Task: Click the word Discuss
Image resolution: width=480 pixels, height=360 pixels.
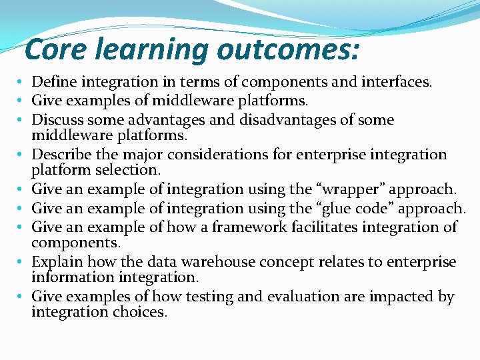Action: coord(57,120)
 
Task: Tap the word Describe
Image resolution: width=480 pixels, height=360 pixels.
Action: coord(60,155)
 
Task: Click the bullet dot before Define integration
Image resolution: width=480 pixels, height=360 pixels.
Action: coord(22,83)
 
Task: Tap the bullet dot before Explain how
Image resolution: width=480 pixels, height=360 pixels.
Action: coord(22,262)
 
